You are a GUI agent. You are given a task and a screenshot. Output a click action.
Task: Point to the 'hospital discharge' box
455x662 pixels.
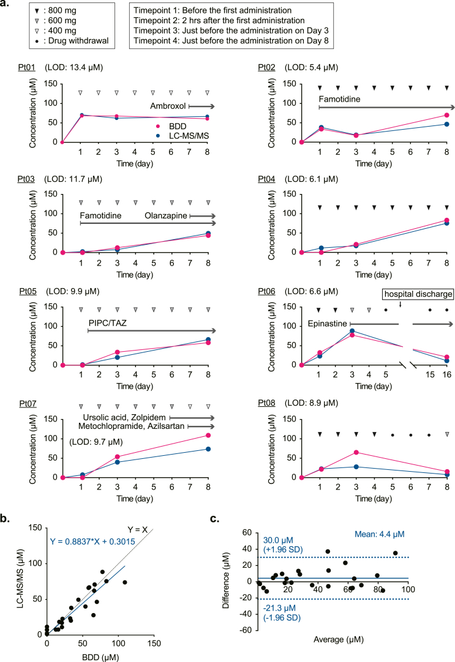click(x=418, y=294)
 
